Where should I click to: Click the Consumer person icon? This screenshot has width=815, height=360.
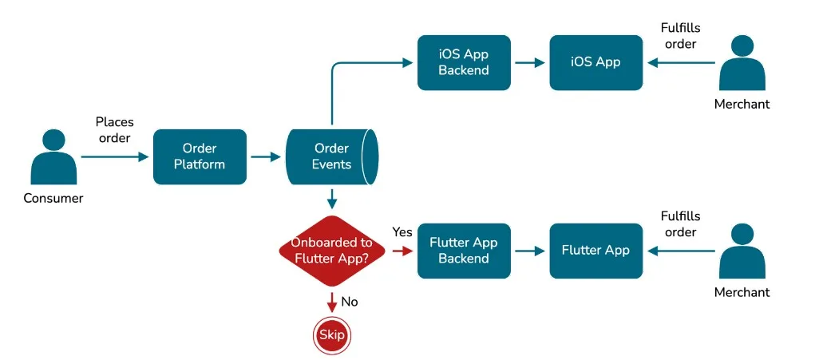[x=53, y=157]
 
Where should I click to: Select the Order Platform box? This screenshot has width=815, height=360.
[x=200, y=157]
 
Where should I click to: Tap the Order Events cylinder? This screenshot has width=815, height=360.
[x=331, y=156]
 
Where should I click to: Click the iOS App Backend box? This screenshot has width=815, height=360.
[x=463, y=62]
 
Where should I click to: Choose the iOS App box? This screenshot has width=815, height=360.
[x=595, y=62]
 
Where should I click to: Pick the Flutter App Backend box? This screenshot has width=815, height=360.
[x=463, y=251]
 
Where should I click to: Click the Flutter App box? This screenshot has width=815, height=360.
[x=595, y=251]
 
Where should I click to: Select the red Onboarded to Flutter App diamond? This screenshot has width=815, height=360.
[x=331, y=251]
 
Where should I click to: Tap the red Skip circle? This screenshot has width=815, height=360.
[x=331, y=334]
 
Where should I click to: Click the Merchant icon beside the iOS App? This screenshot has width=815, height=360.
[x=742, y=64]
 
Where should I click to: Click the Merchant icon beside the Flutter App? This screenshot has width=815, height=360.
[x=742, y=252]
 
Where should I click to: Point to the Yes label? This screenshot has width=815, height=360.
[x=402, y=232]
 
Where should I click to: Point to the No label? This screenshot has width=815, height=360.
[x=350, y=303]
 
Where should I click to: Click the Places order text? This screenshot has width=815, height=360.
[x=114, y=129]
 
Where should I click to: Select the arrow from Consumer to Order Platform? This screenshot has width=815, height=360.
[x=116, y=157]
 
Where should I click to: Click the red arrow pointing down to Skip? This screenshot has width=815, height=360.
[x=331, y=303]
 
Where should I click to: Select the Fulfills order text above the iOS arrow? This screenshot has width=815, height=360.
[x=680, y=36]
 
